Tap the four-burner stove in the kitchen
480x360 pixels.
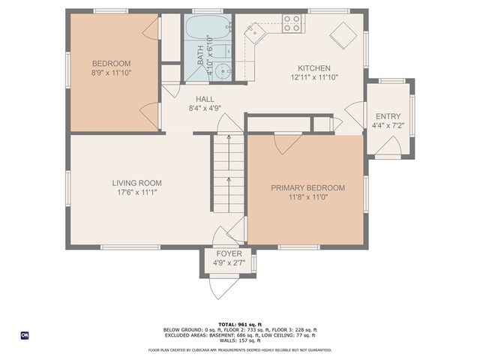[292, 23]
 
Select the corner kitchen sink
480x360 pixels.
[256, 31]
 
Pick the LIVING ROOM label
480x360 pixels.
[136, 183]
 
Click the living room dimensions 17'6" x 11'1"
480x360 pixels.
[136, 193]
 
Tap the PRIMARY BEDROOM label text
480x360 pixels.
[307, 187]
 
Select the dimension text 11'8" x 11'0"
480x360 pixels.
[307, 197]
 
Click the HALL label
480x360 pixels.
[205, 99]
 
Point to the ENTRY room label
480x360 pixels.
[388, 116]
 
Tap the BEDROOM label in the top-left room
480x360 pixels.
[111, 63]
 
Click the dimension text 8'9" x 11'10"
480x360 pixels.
[111, 73]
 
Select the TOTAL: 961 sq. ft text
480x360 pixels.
[240, 322]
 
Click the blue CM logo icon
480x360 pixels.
[25, 335]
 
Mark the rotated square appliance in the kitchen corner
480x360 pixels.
[344, 34]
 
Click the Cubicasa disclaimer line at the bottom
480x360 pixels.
[240, 349]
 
